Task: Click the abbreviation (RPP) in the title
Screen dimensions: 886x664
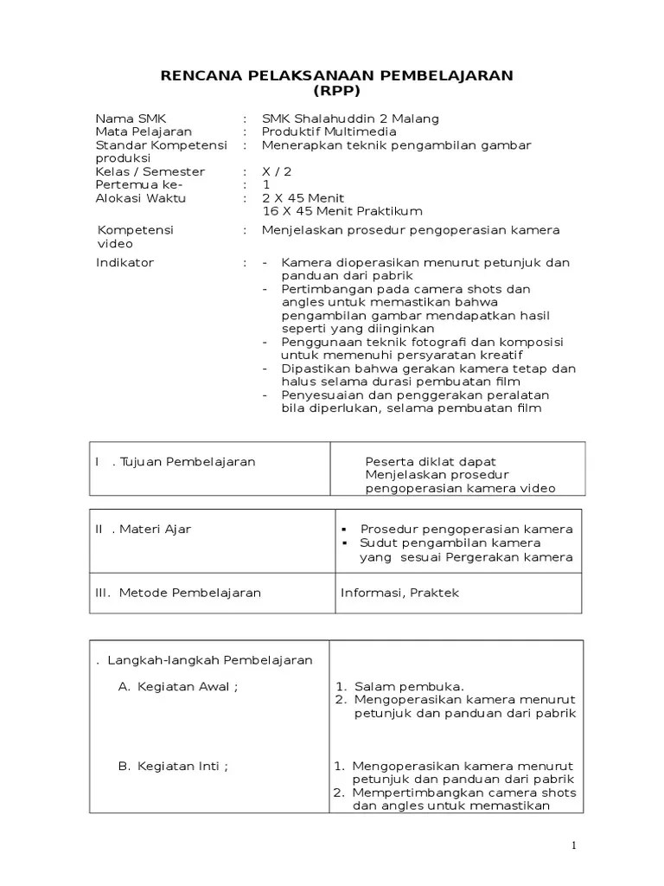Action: click(337, 91)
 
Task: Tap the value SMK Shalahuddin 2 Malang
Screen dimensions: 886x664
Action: click(350, 119)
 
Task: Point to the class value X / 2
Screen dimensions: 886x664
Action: click(277, 172)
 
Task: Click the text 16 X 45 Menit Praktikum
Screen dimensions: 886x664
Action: click(342, 211)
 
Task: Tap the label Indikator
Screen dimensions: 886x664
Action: click(124, 262)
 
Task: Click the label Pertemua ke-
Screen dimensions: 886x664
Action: click(139, 185)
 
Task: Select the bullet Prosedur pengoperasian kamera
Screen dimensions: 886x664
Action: click(466, 529)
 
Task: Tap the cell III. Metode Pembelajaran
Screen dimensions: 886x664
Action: click(178, 593)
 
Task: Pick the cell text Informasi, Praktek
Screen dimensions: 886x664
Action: click(388, 593)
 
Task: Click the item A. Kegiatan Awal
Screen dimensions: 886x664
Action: click(176, 687)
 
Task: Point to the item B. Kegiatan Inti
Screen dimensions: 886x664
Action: click(172, 766)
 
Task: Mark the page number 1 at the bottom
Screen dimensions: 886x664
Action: click(573, 846)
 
